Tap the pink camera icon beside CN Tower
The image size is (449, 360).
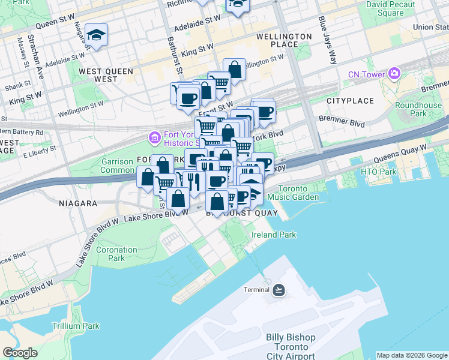pos(394,74)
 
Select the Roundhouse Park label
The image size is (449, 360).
pos(418,109)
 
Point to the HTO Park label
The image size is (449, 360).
pos(379,172)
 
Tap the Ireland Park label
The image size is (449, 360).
pos(273,235)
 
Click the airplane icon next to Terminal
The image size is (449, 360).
pos(279,290)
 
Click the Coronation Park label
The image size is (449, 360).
pos(116,253)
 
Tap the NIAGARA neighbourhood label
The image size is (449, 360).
pos(78,203)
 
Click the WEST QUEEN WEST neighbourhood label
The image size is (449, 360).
pos(106,75)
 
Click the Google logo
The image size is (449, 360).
pos(20,353)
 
